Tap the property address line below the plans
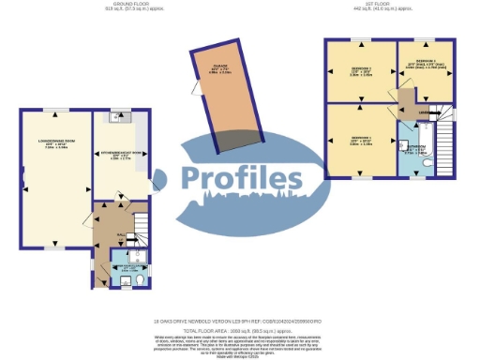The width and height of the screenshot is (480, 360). click(x=239, y=322)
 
